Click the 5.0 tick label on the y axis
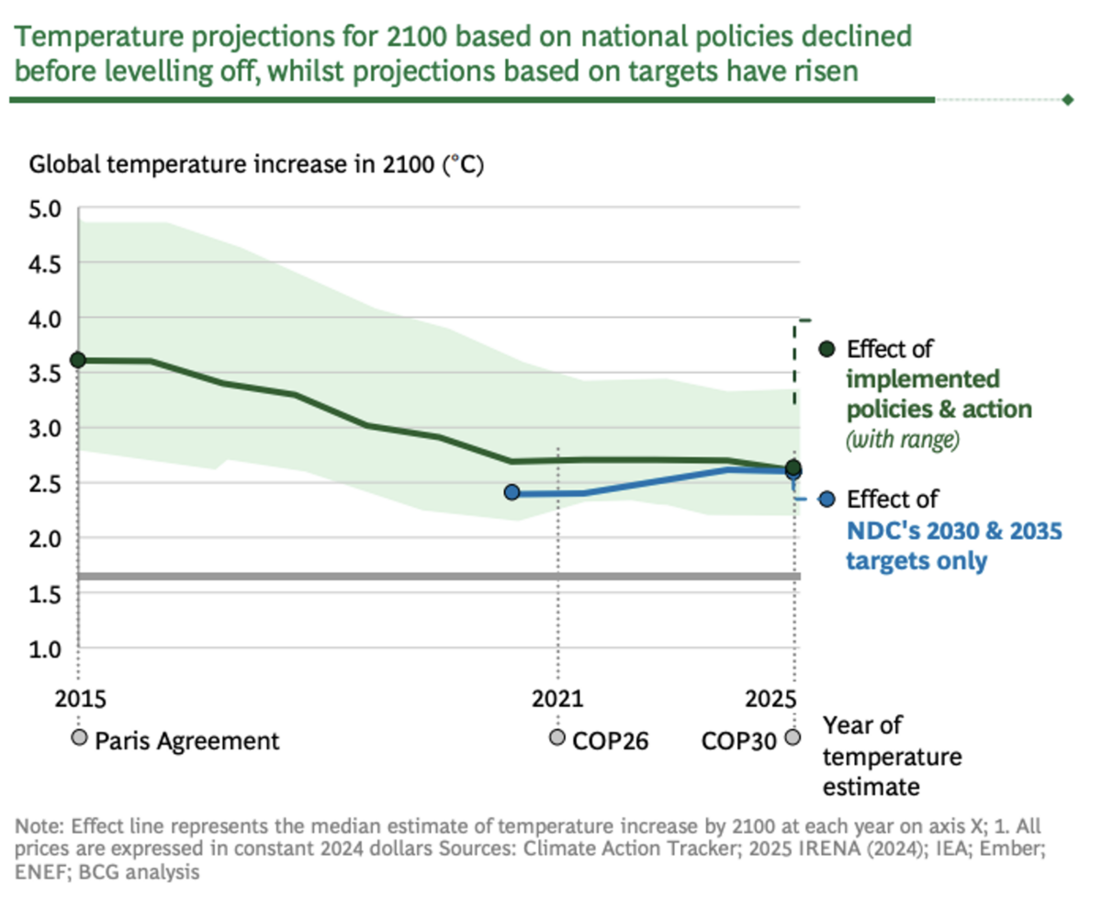pyautogui.click(x=45, y=208)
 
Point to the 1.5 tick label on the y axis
pyautogui.click(x=45, y=594)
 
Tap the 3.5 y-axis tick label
pyautogui.click(x=45, y=374)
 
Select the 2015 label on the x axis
pyautogui.click(x=80, y=699)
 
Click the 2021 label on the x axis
pyautogui.click(x=557, y=699)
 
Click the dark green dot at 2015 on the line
pyautogui.click(x=79, y=360)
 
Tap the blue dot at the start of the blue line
pyautogui.click(x=512, y=493)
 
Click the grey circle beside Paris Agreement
pyautogui.click(x=80, y=737)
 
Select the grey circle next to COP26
pyautogui.click(x=557, y=737)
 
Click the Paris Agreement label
pyautogui.click(x=186, y=741)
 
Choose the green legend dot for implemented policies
pyautogui.click(x=826, y=349)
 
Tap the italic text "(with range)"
pyautogui.click(x=902, y=441)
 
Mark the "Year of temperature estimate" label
pyautogui.click(x=892, y=756)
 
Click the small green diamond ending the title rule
pyautogui.click(x=1067, y=99)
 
